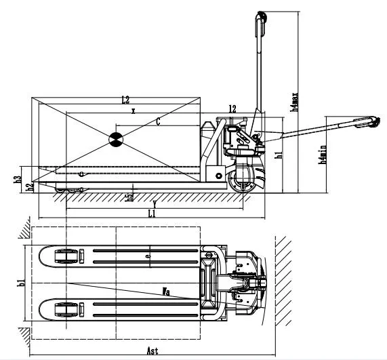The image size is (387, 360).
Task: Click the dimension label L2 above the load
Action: [125, 100]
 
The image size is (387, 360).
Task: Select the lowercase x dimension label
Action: [134, 111]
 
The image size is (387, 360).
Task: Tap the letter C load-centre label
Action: [158, 122]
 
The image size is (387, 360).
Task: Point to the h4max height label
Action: [294, 102]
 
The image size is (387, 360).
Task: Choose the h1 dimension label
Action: [279, 155]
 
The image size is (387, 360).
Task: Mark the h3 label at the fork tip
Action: [17, 180]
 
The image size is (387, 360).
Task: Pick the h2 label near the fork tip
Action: [29, 186]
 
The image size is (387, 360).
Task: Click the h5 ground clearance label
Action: [129, 197]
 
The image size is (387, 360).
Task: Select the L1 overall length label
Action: [152, 214]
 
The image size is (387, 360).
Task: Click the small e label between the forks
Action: [148, 256]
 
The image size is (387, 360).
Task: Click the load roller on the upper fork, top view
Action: [65, 256]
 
